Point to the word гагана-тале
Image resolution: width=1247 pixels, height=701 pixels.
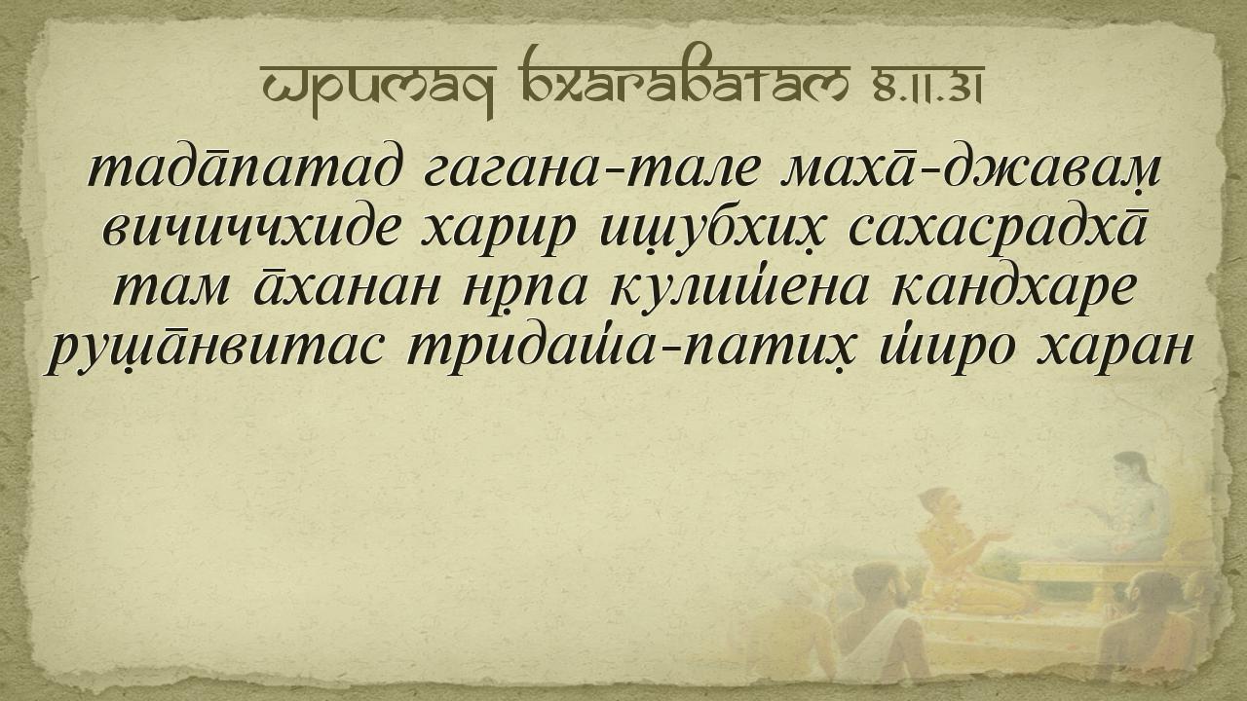tap(590, 168)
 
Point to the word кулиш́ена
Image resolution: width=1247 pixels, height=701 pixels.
tap(739, 288)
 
